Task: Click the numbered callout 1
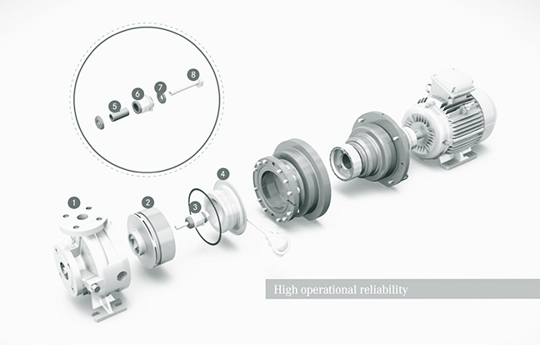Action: [x=74, y=202]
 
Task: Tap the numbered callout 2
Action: [x=148, y=202]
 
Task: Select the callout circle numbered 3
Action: [x=195, y=207]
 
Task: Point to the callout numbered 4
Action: [x=223, y=174]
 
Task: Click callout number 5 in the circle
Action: [x=115, y=107]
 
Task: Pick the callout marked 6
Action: [x=137, y=93]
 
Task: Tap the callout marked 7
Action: [x=160, y=87]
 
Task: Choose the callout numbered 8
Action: [x=193, y=74]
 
